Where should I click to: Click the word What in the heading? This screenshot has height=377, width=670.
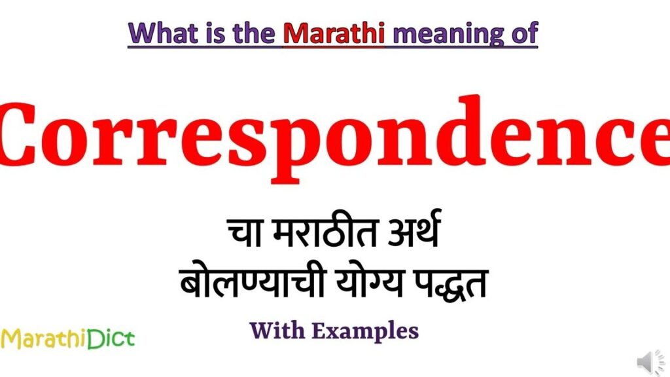164,33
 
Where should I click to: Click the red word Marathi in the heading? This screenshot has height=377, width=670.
334,33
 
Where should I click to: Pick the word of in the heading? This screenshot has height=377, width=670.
524,33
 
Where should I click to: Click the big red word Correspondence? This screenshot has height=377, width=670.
335,137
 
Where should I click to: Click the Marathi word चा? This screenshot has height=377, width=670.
244,232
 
